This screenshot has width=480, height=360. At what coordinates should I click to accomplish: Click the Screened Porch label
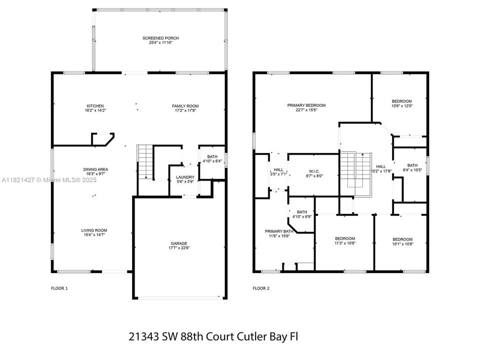click(x=160, y=38)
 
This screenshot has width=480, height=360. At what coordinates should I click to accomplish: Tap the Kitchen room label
click(x=95, y=106)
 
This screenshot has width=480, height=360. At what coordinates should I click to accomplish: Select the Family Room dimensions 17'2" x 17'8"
click(x=185, y=110)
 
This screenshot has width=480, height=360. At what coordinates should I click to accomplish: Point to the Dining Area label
click(x=95, y=169)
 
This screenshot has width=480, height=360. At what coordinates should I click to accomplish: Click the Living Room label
click(x=94, y=230)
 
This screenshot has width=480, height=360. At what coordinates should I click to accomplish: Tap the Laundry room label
click(x=185, y=177)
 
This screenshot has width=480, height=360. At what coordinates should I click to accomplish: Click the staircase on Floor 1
click(x=144, y=161)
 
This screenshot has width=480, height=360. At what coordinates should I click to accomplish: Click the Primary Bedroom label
click(x=306, y=105)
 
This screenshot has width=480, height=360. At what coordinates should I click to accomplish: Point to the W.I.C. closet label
click(x=314, y=170)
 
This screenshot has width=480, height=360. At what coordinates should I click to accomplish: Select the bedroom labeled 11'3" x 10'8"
click(x=344, y=238)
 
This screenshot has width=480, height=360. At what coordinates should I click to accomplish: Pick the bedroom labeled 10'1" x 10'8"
click(x=402, y=239)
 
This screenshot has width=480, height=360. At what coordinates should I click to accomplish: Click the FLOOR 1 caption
click(x=59, y=288)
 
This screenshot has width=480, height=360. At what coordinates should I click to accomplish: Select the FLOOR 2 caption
click(x=260, y=288)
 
